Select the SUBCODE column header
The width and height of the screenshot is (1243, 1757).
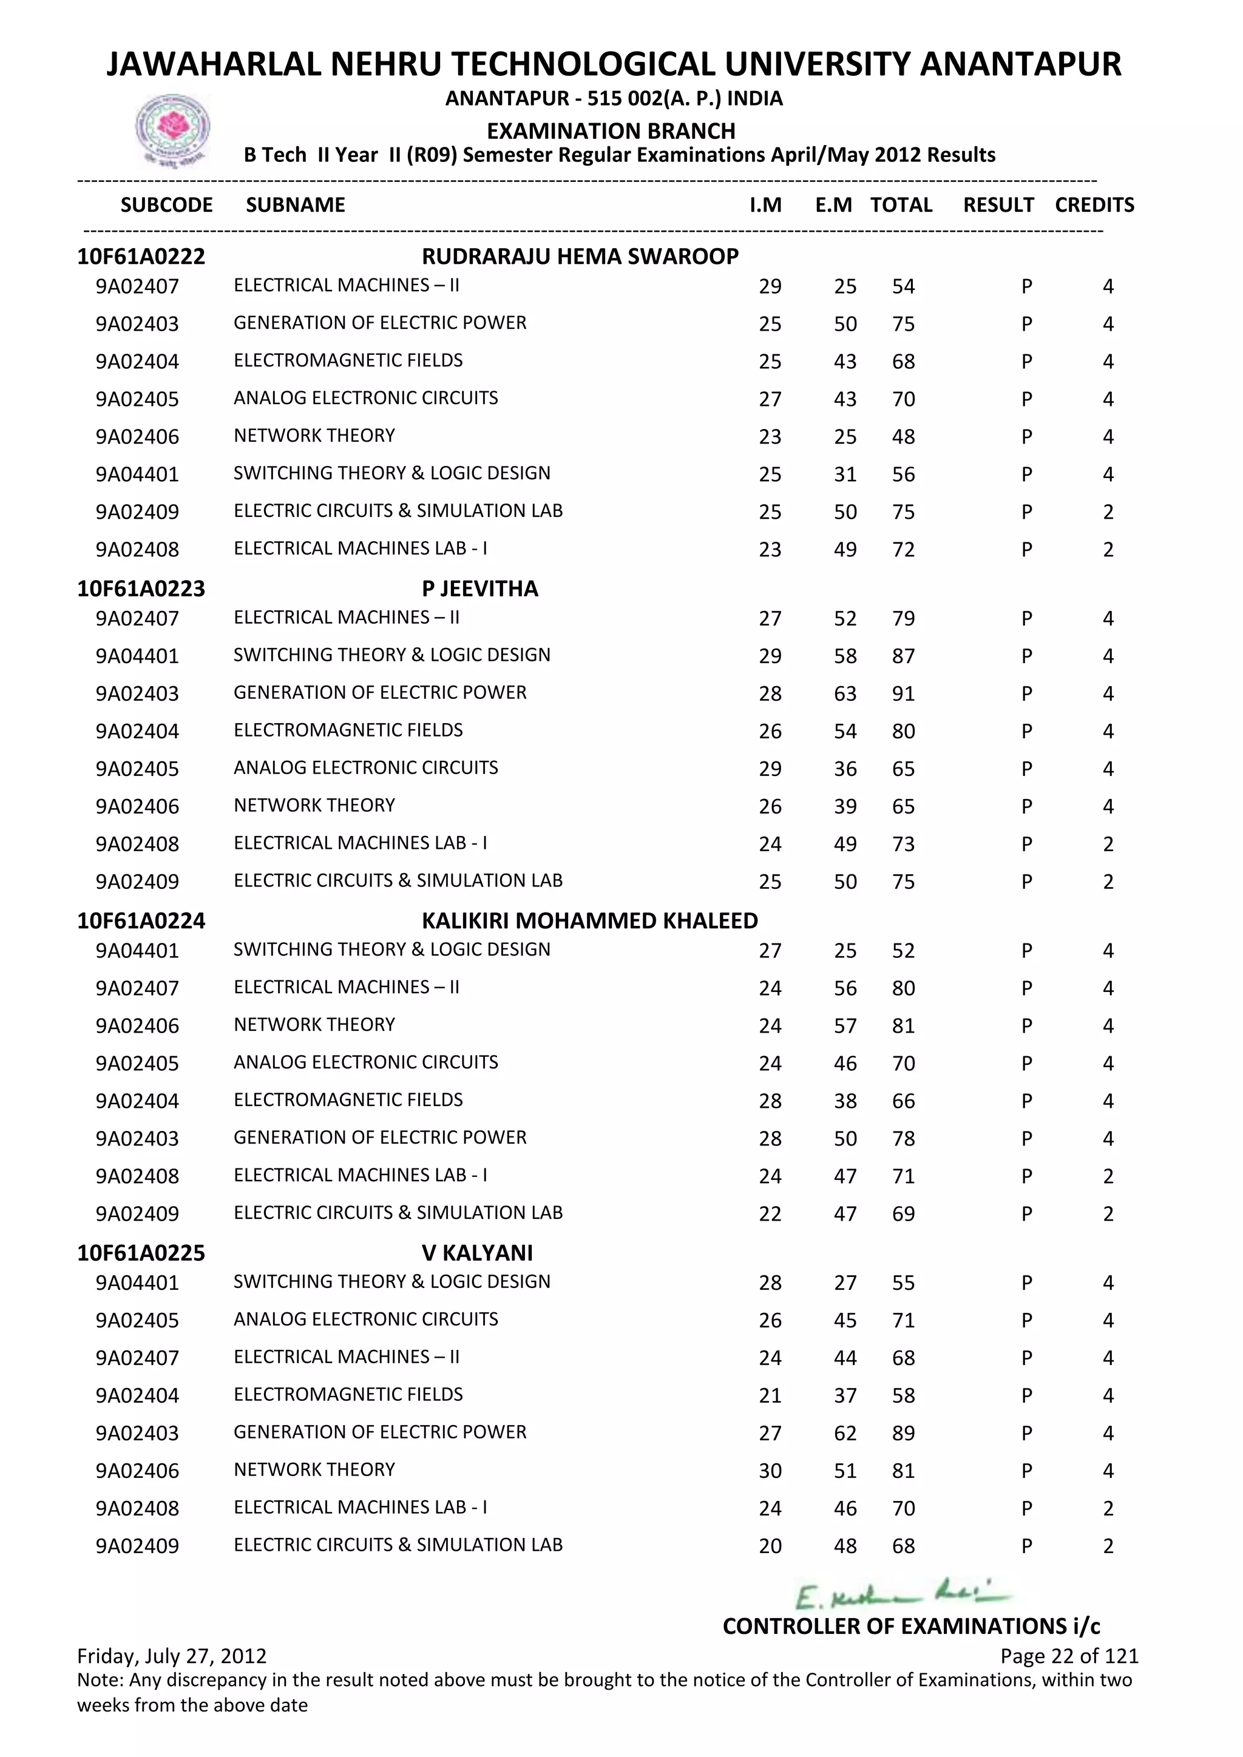[166, 205]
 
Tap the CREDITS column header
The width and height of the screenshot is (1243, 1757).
[1094, 205]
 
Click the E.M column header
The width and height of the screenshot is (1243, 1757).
[833, 205]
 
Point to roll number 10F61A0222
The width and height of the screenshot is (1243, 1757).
[141, 257]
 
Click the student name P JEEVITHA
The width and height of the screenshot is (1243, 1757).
[480, 588]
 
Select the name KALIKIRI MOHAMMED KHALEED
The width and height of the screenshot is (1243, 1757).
[589, 920]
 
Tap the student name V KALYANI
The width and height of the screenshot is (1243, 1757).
[477, 1253]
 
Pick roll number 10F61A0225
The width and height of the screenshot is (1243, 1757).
[141, 1253]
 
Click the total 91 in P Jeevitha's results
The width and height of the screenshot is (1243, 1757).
[903, 694]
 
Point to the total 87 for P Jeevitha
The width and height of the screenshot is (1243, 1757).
[903, 656]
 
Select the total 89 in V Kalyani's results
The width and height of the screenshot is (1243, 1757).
[903, 1433]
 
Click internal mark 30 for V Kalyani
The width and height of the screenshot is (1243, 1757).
[770, 1471]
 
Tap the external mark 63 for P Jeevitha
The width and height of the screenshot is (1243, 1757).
[845, 694]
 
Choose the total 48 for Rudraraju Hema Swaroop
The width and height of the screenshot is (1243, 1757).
[903, 437]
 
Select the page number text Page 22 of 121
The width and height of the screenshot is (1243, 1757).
[1068, 1656]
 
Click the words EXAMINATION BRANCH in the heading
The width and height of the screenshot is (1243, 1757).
[611, 131]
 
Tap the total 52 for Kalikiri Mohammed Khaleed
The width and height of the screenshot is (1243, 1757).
[903, 951]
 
